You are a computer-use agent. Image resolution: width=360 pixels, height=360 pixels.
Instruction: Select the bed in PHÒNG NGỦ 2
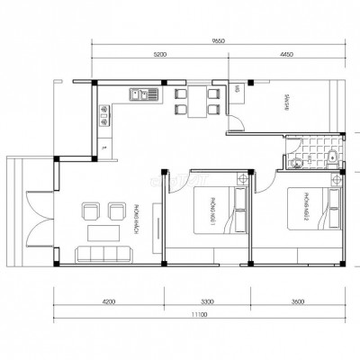pos(310,214)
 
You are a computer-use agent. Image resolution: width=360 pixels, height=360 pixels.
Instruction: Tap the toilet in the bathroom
pos(331,159)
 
